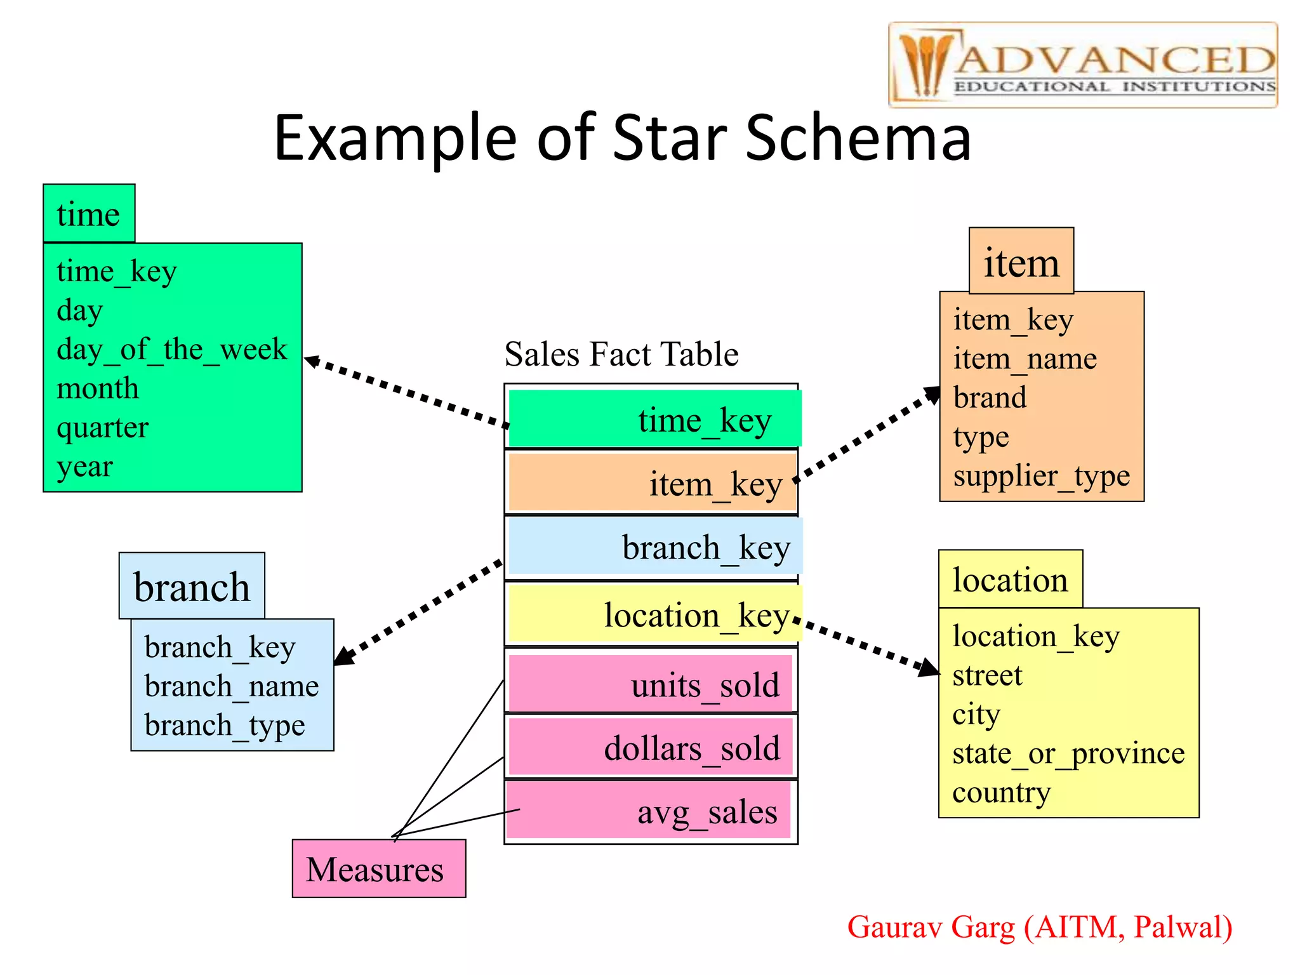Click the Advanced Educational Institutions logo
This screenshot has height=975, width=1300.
click(1082, 65)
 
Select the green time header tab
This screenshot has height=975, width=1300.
click(89, 214)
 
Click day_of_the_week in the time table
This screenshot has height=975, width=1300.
click(172, 350)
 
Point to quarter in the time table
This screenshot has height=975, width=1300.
click(102, 428)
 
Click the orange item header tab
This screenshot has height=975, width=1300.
click(1021, 262)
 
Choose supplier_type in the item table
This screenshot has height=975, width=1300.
click(1041, 476)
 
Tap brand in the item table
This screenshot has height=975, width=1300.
click(990, 398)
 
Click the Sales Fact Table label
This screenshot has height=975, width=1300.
click(621, 354)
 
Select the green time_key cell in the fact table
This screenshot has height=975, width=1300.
click(654, 419)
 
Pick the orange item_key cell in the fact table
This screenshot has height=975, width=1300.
click(653, 483)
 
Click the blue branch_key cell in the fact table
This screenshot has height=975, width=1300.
click(654, 547)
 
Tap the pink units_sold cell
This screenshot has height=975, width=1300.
click(651, 684)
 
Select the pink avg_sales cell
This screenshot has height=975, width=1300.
click(649, 811)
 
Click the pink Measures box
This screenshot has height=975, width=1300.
click(378, 868)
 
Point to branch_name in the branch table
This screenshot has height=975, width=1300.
click(232, 687)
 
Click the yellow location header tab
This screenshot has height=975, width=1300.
click(1010, 580)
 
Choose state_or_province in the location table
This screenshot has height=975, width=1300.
click(1068, 754)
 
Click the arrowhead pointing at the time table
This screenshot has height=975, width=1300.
click(312, 362)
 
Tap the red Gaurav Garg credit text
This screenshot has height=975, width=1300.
click(1039, 927)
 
